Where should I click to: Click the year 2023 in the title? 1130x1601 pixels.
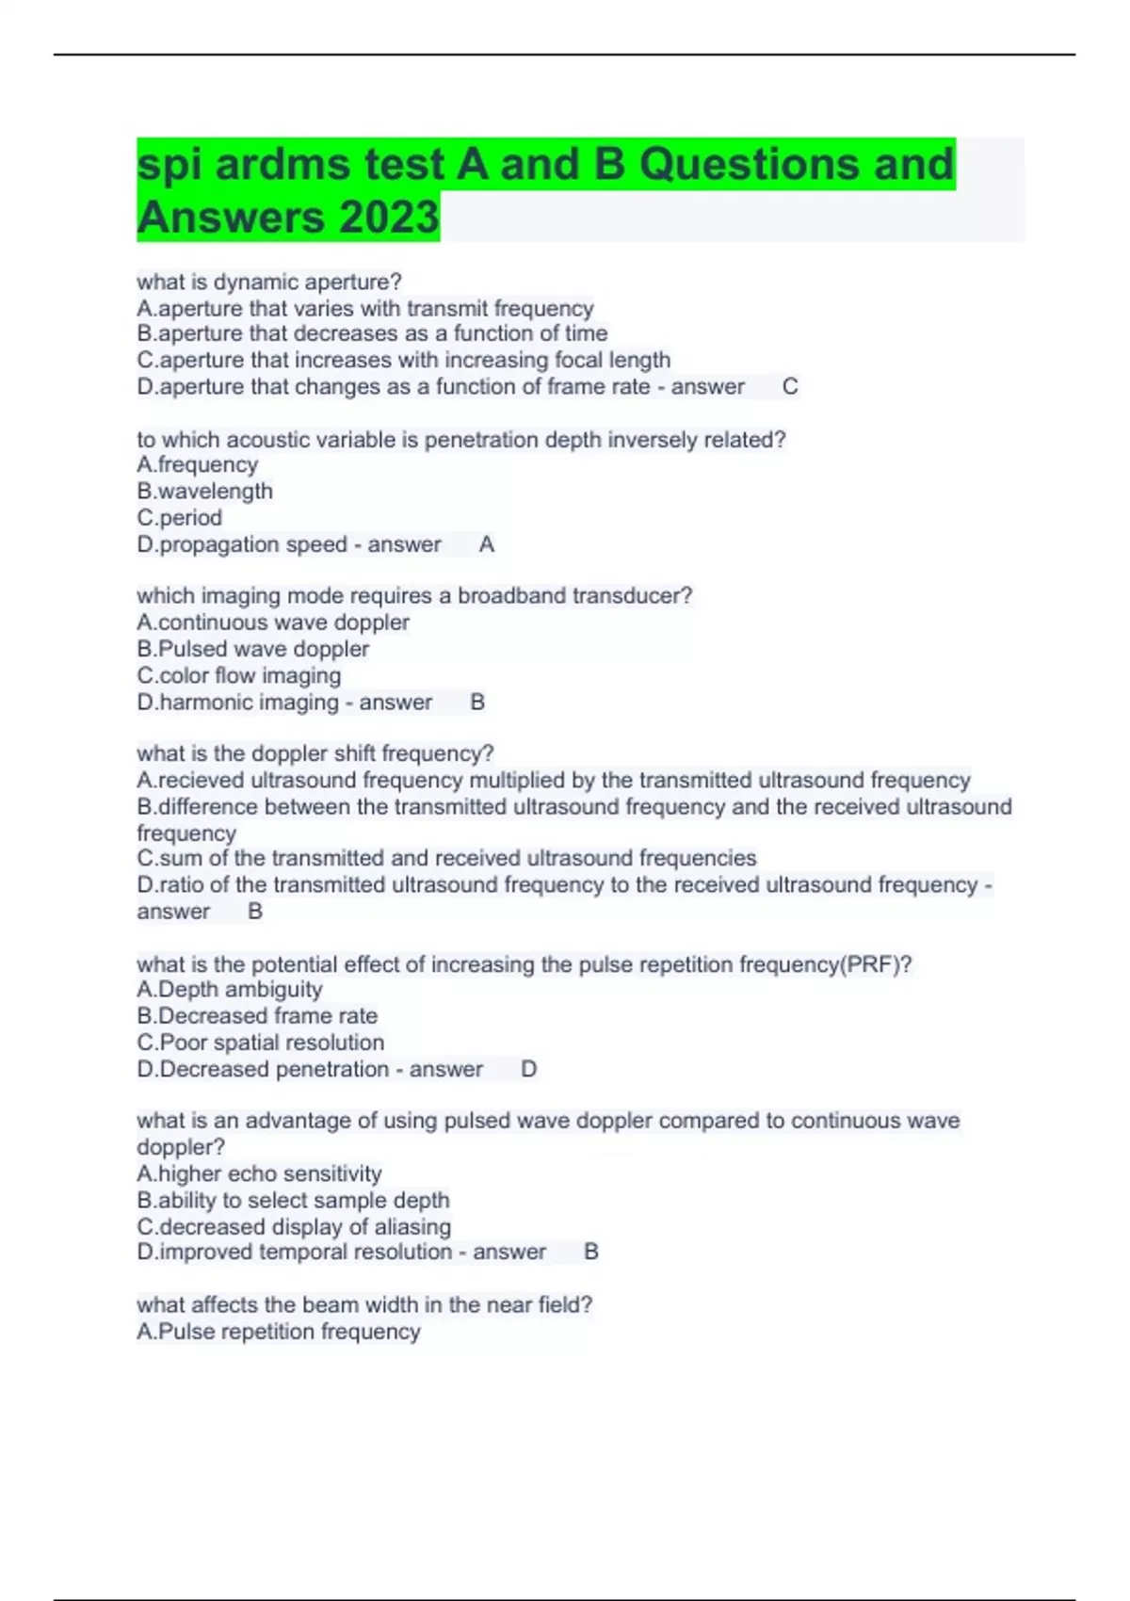tap(389, 218)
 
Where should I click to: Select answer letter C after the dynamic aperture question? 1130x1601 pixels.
tap(790, 387)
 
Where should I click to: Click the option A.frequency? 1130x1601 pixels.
tap(197, 464)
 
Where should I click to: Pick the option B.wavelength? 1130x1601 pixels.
tap(204, 491)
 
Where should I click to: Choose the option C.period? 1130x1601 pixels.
tap(179, 517)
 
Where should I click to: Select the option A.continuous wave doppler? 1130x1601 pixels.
tap(273, 623)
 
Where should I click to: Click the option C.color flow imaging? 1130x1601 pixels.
tap(239, 675)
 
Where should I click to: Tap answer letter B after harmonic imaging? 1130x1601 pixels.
tap(477, 703)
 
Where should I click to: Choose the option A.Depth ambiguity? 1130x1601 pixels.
tap(230, 990)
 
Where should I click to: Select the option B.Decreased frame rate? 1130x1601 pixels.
tap(257, 1016)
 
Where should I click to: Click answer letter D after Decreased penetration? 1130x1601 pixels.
tap(528, 1070)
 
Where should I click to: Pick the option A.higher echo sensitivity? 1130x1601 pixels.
tap(259, 1173)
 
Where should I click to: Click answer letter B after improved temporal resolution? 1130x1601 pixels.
tap(591, 1253)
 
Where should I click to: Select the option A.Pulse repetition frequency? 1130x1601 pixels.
tap(279, 1332)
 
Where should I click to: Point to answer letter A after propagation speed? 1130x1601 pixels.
tap(487, 544)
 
